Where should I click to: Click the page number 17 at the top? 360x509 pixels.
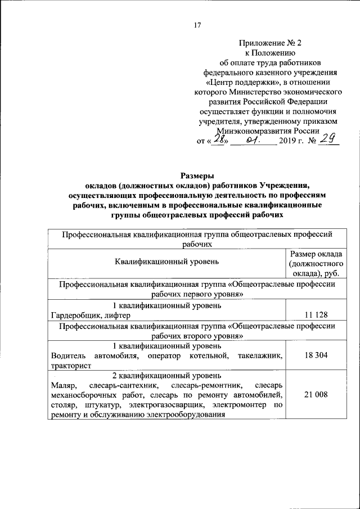click(197, 24)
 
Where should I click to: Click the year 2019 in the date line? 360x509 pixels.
click(287, 142)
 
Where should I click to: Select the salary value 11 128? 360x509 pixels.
click(316, 314)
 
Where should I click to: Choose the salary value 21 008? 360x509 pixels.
click(316, 396)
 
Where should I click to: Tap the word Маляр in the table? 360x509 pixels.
click(61, 386)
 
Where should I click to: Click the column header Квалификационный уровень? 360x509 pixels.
click(167, 262)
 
